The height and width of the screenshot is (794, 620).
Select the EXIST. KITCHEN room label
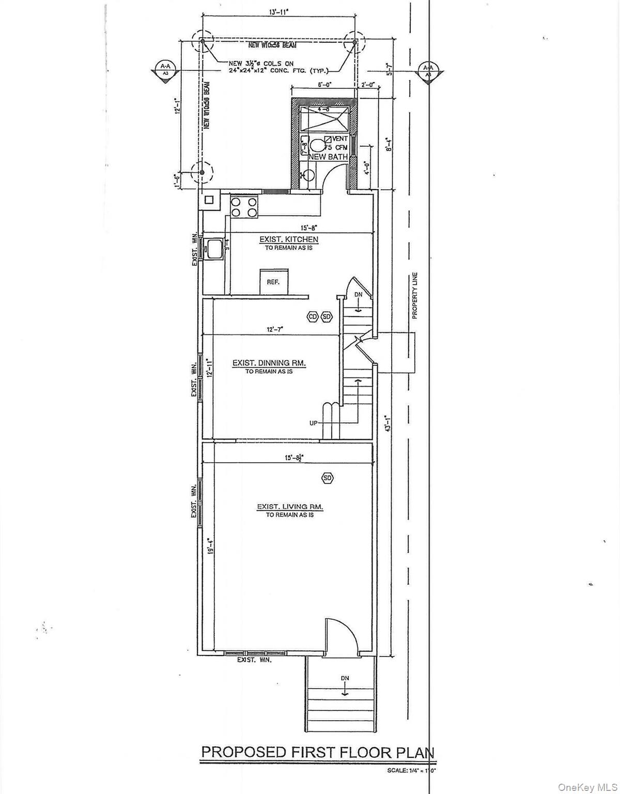click(288, 239)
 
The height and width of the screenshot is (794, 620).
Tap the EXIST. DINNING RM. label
click(269, 363)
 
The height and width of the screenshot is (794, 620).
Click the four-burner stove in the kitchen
click(243, 207)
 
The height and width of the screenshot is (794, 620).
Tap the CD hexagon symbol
click(312, 316)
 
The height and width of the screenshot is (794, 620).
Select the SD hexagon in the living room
click(327, 478)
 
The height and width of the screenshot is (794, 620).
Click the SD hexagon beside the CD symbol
click(327, 316)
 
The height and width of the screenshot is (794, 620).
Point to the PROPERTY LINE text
click(414, 295)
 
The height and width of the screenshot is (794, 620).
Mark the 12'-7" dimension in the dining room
click(275, 329)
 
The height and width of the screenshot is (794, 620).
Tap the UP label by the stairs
click(313, 423)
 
